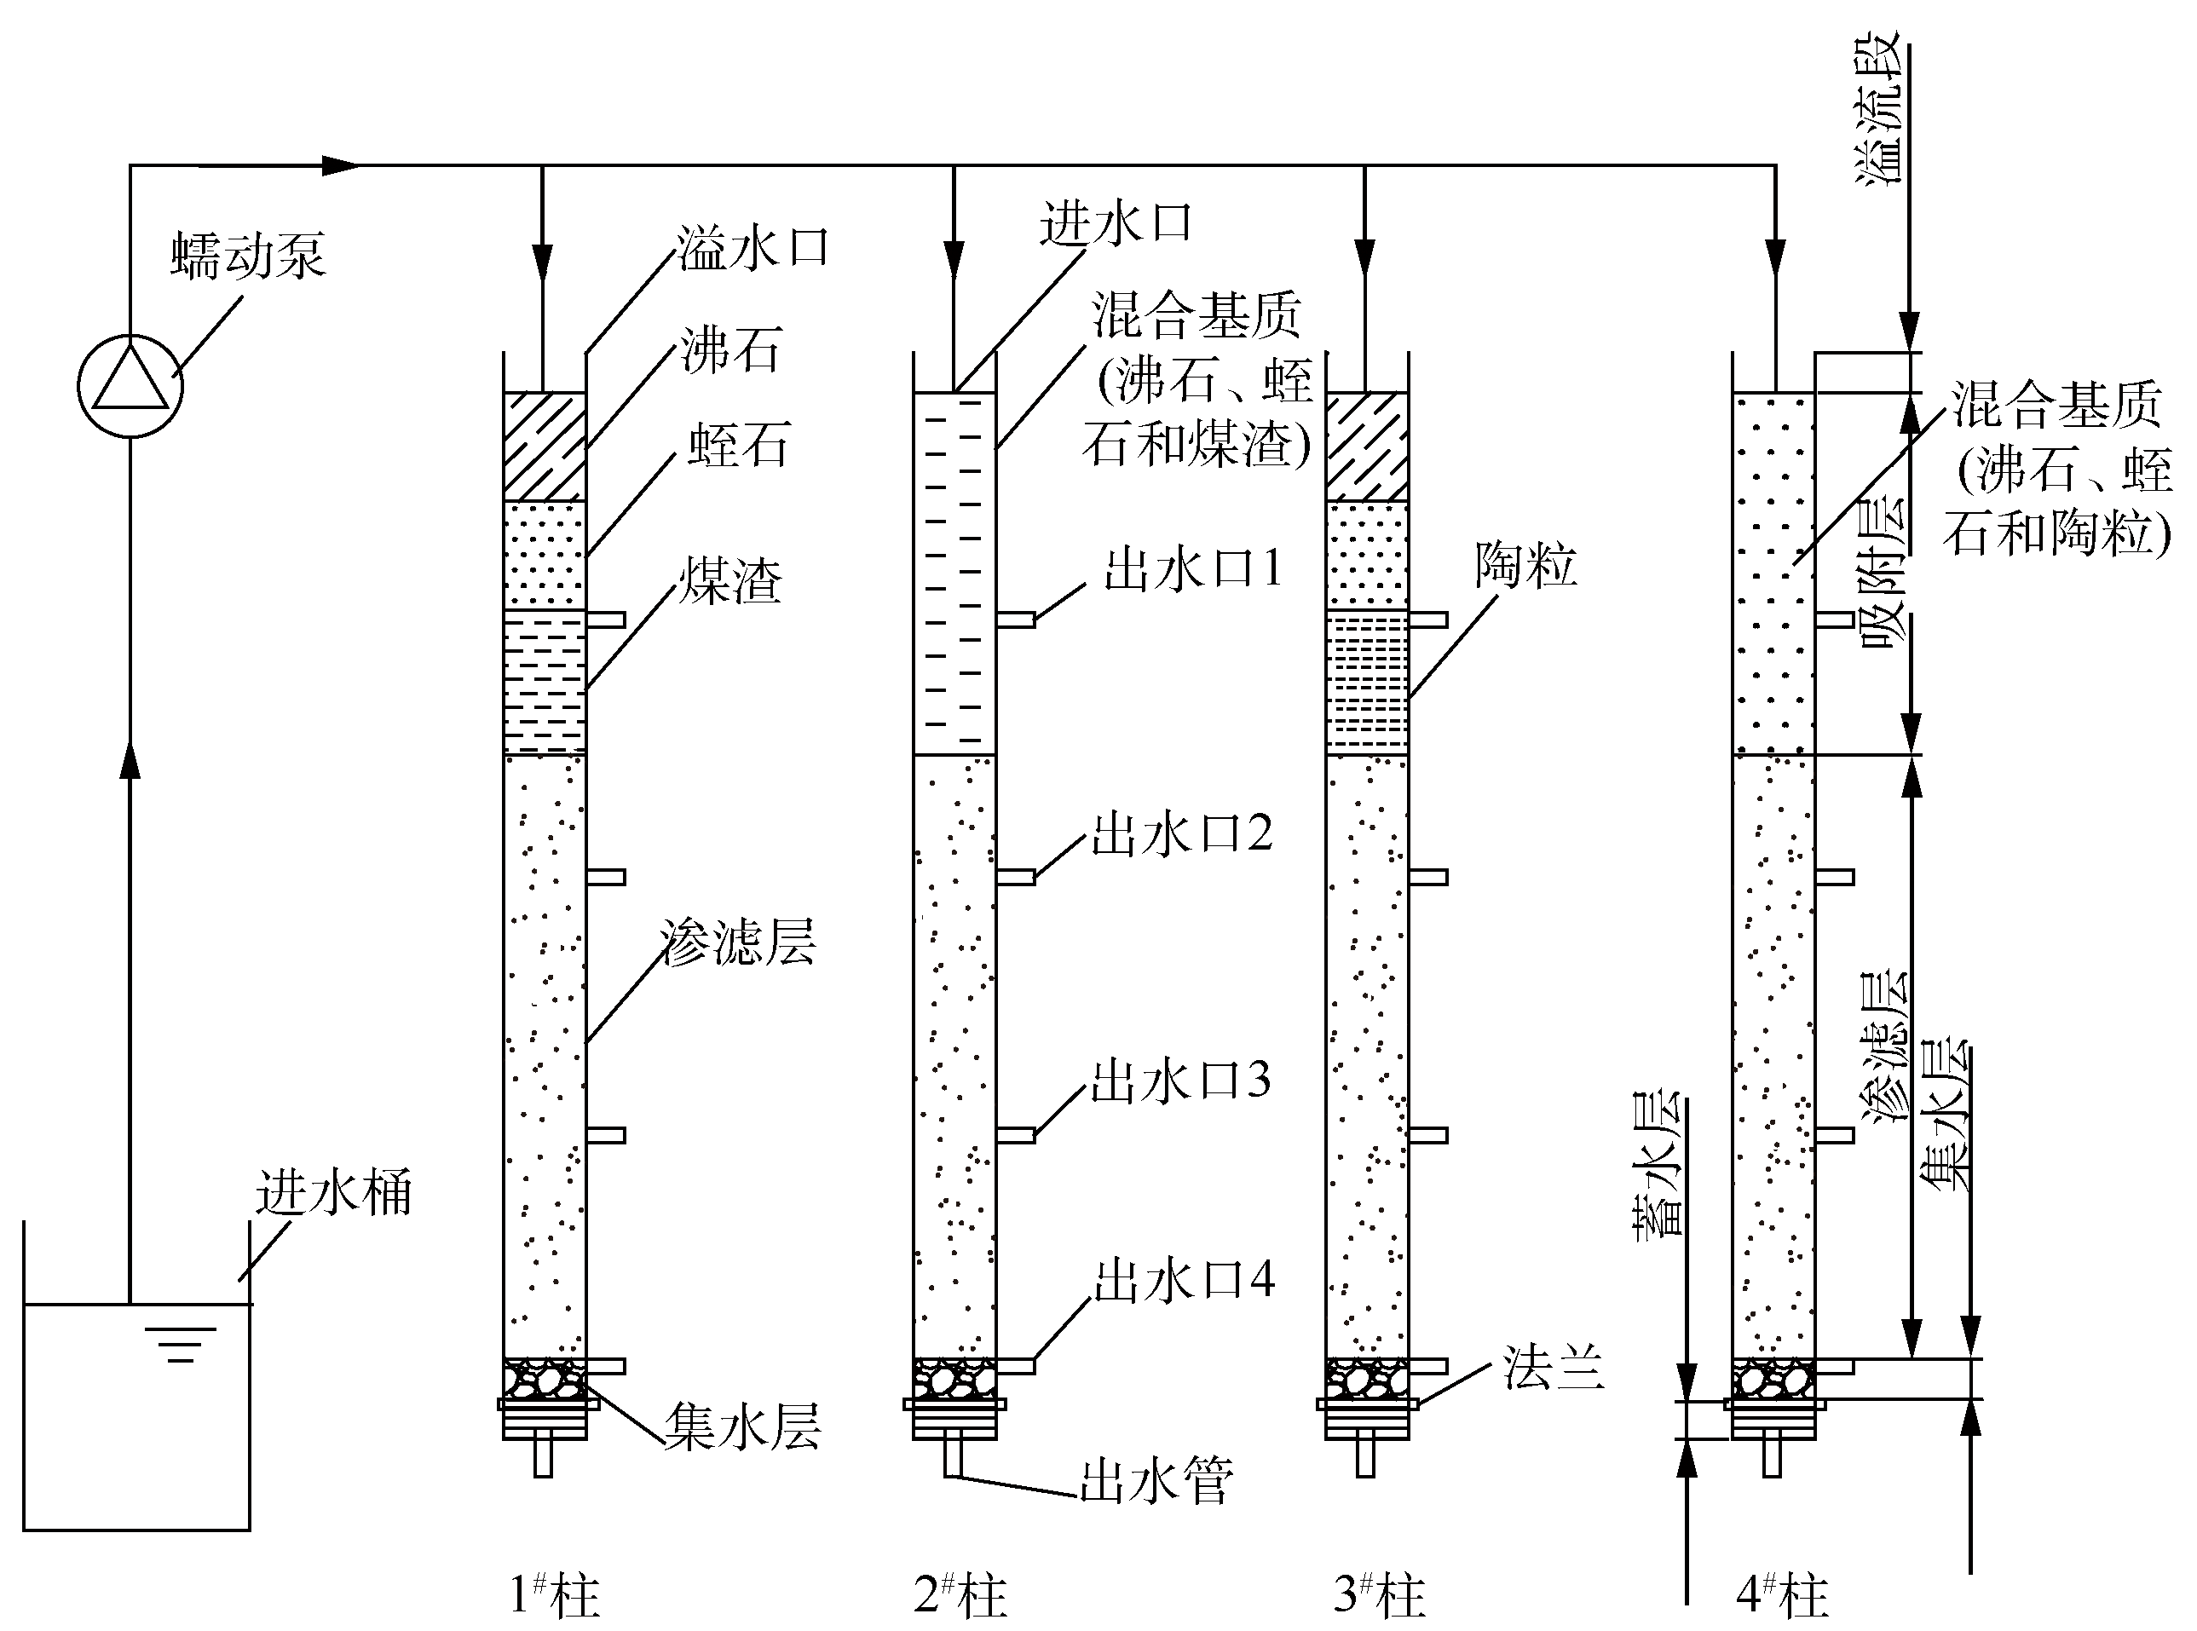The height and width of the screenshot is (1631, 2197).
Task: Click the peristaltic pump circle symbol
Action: pos(130,385)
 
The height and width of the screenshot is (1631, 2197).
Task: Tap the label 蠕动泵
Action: pos(248,256)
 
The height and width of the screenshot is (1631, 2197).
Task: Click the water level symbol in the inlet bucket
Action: pos(181,1344)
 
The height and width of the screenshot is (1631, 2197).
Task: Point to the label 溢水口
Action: pos(753,247)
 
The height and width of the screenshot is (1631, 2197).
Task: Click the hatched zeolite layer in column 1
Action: pos(544,447)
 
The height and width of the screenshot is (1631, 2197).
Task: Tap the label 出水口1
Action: pos(1193,568)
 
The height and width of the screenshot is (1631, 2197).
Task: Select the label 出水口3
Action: pos(1181,1081)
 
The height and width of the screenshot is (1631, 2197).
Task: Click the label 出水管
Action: pos(1156,1481)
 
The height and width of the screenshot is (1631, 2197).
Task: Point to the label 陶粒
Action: pos(1525,566)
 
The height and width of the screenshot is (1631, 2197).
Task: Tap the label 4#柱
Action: pos(1782,1594)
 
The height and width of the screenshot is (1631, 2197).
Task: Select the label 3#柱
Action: pos(1380,1594)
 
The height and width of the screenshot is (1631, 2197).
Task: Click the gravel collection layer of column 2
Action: pos(954,1378)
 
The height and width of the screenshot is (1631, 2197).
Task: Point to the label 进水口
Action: pos(1116,223)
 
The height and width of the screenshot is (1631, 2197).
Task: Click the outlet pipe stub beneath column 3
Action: pos(1365,1456)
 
